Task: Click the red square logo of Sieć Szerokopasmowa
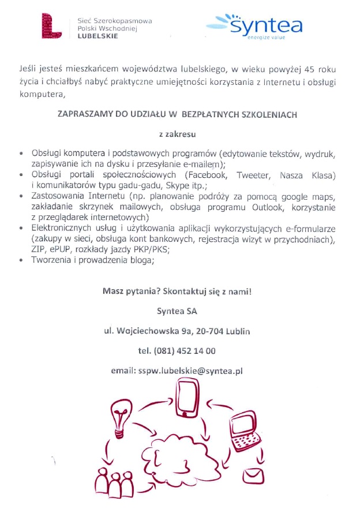[52, 27]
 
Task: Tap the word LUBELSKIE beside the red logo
[97, 36]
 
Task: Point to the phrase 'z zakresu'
[177, 134]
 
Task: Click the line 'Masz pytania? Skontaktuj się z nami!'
[177, 291]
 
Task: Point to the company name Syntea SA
[177, 311]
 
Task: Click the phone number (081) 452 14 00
[177, 350]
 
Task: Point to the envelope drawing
[254, 477]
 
